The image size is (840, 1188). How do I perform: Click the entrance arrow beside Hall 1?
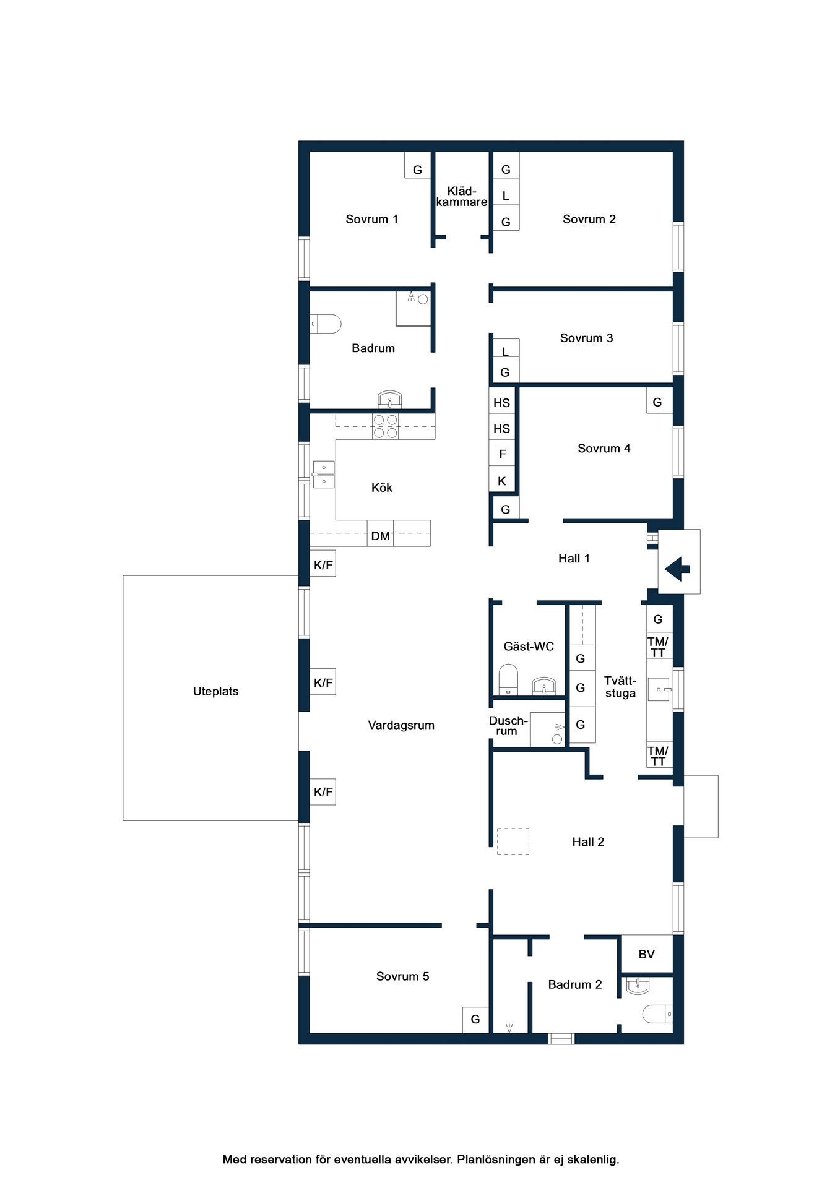(677, 568)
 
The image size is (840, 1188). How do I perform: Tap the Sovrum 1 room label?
(371, 219)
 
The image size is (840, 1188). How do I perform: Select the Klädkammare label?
(462, 196)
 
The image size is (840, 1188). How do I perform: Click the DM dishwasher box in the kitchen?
(380, 533)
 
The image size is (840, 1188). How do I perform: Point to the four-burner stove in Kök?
(385, 426)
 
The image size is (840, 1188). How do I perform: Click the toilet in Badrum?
(326, 324)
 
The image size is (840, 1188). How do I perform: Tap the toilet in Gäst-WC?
(508, 680)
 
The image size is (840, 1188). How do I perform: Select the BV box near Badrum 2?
(647, 954)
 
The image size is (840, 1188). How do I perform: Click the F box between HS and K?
(502, 454)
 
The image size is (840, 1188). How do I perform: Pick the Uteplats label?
(215, 691)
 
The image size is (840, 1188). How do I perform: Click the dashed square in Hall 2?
(513, 841)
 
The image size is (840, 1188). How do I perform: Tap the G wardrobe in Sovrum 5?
(475, 1020)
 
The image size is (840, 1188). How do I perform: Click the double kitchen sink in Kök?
(324, 475)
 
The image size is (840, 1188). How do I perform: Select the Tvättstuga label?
(620, 687)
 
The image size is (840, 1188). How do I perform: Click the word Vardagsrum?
(401, 725)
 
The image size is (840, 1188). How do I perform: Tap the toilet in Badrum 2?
(657, 1014)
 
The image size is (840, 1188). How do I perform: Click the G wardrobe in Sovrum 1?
(418, 165)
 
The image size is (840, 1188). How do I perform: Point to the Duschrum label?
(508, 726)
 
